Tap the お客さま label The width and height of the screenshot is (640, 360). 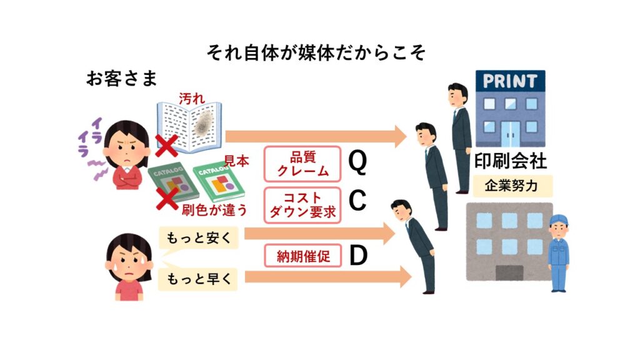[x=121, y=80]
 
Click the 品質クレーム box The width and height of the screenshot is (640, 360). [x=304, y=164]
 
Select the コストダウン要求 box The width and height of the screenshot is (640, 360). [x=304, y=204]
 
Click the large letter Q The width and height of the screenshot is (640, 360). [x=357, y=163]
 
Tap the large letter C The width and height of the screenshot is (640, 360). [x=357, y=201]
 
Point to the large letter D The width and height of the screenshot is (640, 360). [x=357, y=256]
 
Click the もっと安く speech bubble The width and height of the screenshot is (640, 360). [x=198, y=238]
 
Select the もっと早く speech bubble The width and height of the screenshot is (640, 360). [x=198, y=279]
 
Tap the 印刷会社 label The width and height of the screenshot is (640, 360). [x=510, y=162]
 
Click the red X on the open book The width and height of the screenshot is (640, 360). [x=166, y=147]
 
